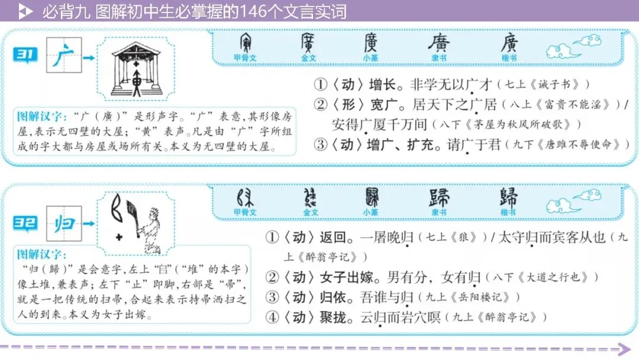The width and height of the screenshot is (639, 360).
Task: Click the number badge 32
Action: pos(25,223)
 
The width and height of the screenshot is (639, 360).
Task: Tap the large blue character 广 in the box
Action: pos(63,57)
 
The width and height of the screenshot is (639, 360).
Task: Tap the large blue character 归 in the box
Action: pos(63,224)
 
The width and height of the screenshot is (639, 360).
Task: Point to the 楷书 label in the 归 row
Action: pos(508,213)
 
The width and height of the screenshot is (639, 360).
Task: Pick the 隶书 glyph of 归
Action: pos(439,198)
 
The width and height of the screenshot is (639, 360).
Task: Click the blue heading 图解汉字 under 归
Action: pos(40,255)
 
